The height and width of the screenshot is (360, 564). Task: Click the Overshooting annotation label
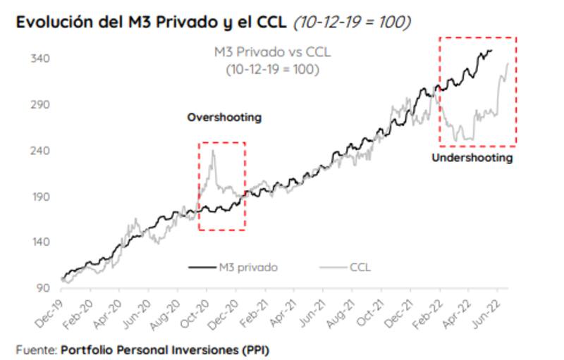223,118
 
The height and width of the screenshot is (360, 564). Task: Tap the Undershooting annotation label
472,159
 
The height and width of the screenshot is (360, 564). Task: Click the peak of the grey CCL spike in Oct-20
213,149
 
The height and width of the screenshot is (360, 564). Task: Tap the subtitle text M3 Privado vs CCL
272,52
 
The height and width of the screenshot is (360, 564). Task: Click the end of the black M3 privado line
491,50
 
